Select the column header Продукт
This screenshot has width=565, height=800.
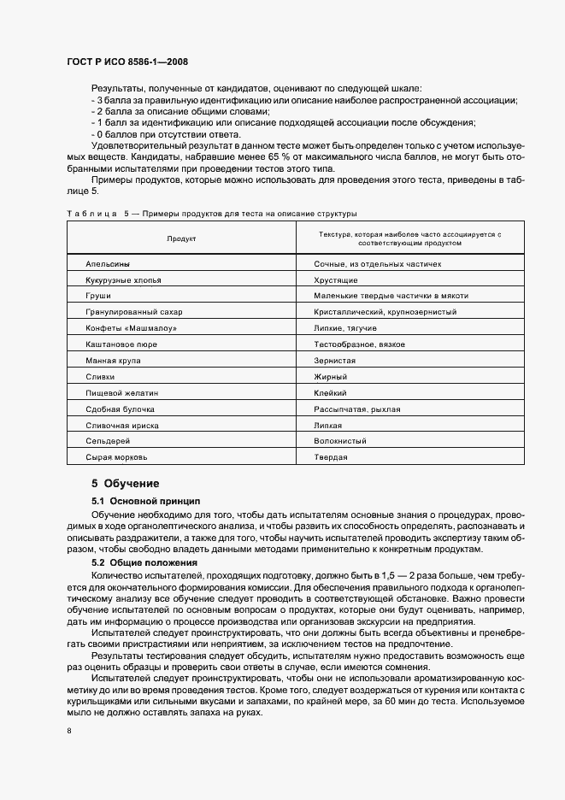pos(181,238)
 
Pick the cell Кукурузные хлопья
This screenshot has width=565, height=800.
pos(123,280)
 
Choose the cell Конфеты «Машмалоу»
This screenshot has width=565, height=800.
pos(126,328)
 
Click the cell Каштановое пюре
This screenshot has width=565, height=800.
pos(121,344)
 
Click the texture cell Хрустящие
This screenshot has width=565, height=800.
pos(338,280)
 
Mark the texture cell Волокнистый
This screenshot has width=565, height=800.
pos(341,441)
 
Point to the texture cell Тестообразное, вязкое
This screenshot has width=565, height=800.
pos(361,344)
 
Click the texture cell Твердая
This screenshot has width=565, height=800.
pos(332,457)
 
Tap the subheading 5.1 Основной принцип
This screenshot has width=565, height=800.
pos(144,500)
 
